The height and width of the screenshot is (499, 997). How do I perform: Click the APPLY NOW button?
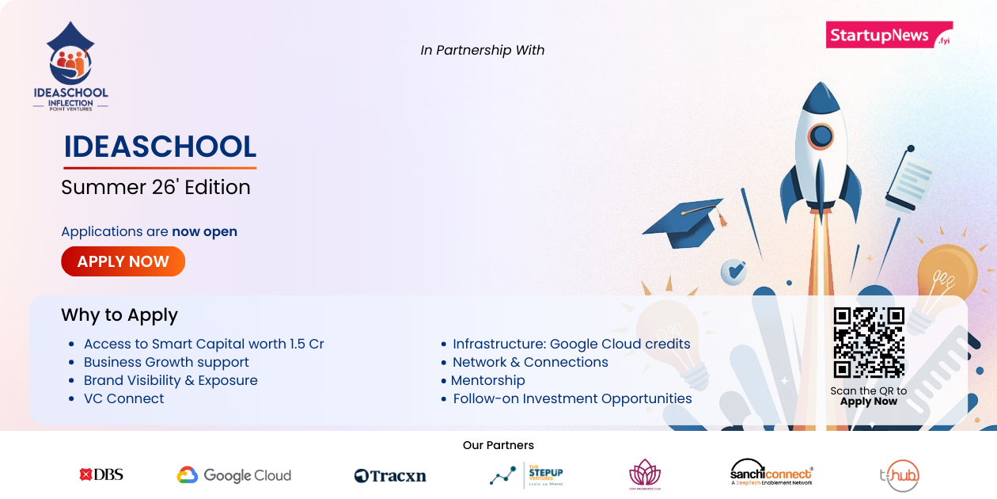(x=123, y=261)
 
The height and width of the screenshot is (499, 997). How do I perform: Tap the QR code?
(x=869, y=342)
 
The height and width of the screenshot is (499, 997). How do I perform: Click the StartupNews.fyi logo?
(x=888, y=36)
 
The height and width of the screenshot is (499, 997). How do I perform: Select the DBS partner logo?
(x=101, y=475)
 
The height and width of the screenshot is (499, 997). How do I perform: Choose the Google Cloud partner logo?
(x=234, y=475)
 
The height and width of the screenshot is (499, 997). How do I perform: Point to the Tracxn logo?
(x=390, y=476)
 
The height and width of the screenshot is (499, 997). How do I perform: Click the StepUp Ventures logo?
(x=526, y=475)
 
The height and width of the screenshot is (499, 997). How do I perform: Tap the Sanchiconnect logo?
(x=771, y=474)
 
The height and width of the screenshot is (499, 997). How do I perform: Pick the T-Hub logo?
(x=899, y=476)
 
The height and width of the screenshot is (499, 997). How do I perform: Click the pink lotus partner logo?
(x=644, y=474)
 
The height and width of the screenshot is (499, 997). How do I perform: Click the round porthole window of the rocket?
(x=821, y=136)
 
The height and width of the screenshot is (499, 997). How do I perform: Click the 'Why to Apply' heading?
(x=119, y=315)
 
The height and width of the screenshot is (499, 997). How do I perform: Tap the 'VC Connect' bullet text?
(x=124, y=399)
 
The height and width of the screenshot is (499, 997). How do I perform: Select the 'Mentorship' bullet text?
(x=488, y=381)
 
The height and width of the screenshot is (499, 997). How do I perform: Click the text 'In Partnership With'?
(x=483, y=51)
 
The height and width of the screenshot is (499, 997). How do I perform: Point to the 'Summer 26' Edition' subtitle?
(x=156, y=188)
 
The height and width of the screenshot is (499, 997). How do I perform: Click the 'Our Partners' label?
(x=498, y=445)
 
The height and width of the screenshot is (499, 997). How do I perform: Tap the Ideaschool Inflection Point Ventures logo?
(x=70, y=67)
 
